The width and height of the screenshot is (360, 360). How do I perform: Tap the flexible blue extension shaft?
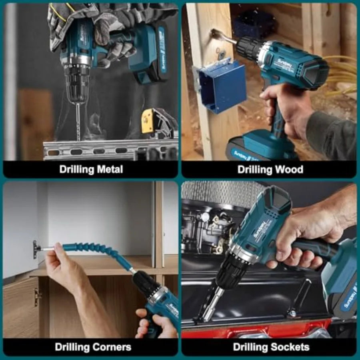point(98,252)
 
